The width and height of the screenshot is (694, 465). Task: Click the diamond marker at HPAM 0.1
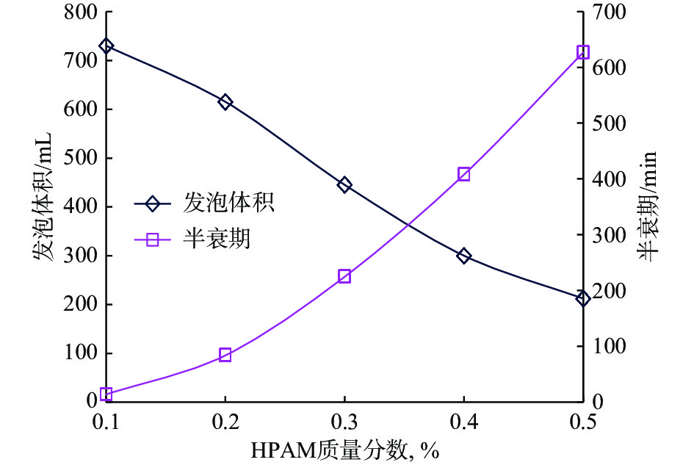[106, 46]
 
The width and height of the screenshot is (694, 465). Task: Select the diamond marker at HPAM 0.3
[344, 184]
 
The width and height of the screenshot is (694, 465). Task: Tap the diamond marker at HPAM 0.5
[583, 298]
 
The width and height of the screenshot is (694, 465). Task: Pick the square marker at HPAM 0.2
[225, 356]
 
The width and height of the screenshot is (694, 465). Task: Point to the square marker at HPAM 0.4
[464, 174]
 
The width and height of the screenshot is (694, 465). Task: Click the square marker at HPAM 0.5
[583, 52]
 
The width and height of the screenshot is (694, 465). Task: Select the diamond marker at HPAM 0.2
[225, 102]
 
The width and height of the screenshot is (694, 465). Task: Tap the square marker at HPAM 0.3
[344, 276]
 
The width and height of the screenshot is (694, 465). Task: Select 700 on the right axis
[607, 12]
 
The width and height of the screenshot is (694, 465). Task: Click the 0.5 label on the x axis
[583, 422]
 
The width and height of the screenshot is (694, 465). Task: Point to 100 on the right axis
[607, 346]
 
